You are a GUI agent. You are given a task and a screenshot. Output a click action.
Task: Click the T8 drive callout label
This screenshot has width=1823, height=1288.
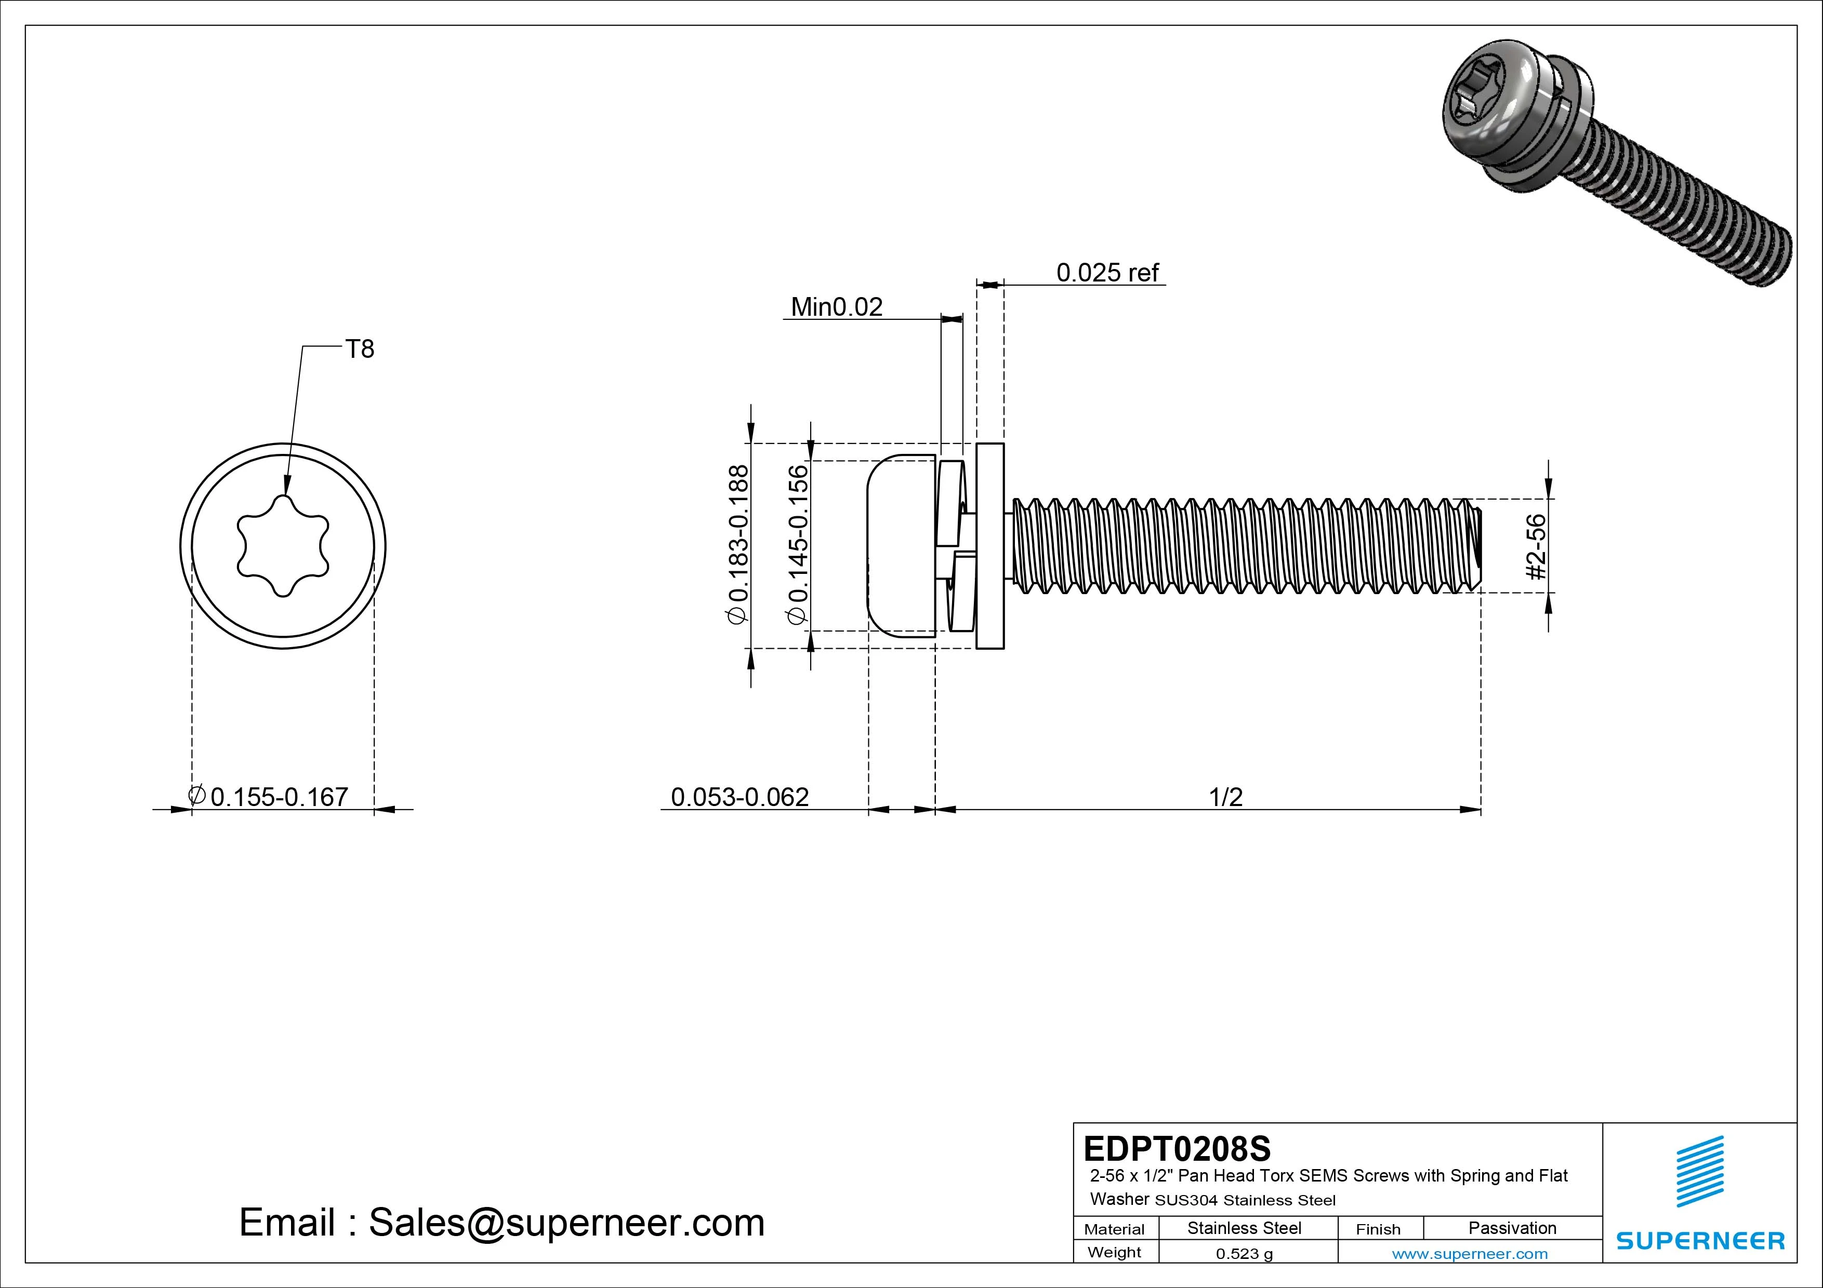[x=360, y=349]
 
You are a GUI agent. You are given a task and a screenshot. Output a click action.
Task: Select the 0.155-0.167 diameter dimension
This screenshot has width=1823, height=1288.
[x=279, y=797]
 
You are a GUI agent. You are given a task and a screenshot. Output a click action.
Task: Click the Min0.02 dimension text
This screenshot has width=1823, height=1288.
[x=837, y=307]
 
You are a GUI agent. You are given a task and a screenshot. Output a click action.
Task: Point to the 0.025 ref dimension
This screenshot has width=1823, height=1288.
[x=1107, y=273]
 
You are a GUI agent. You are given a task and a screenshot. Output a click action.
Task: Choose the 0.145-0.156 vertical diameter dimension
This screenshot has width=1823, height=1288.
[x=798, y=546]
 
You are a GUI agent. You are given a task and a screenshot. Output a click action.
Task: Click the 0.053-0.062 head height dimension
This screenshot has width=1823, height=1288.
[x=739, y=797]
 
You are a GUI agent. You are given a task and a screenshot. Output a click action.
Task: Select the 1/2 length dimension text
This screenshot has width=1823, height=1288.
[x=1225, y=797]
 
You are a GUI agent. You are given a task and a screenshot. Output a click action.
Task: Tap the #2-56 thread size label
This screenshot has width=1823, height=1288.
[x=1536, y=547]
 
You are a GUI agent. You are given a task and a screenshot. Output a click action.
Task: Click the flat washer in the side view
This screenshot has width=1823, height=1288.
[x=989, y=546]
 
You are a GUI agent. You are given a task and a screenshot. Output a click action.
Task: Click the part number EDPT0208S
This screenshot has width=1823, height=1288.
[x=1177, y=1148]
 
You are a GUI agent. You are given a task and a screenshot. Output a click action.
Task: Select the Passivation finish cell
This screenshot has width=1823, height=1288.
[x=1512, y=1228]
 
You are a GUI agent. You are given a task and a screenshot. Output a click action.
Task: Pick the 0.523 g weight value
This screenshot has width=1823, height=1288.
[x=1244, y=1254]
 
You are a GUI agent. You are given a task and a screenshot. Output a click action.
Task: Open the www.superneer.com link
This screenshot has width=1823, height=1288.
[x=1470, y=1254]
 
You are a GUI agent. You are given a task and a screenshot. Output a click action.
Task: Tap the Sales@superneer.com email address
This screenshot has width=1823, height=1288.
[x=566, y=1223]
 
